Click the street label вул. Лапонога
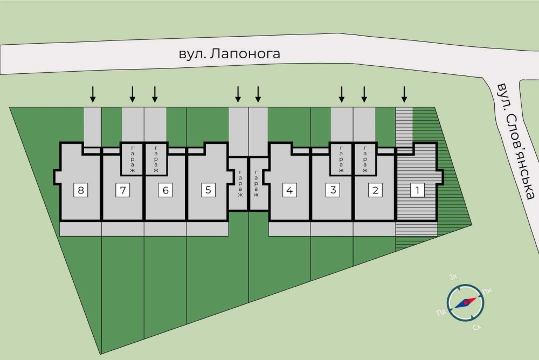point(230,54)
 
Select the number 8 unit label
point(80,190)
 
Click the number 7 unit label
point(123,190)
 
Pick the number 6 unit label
point(165,190)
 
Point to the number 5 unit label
point(208,190)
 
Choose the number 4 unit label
point(290,190)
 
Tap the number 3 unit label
point(333,190)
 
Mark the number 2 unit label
point(375,190)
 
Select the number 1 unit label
point(416,190)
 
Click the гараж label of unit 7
point(132,160)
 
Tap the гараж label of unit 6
point(156,160)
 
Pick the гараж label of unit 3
point(341,160)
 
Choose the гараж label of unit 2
point(364,160)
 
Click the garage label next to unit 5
point(238,184)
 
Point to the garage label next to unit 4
point(257,184)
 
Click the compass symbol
point(465,303)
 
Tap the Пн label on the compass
point(487,291)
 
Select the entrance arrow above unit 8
point(93,94)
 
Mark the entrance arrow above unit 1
point(404,94)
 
